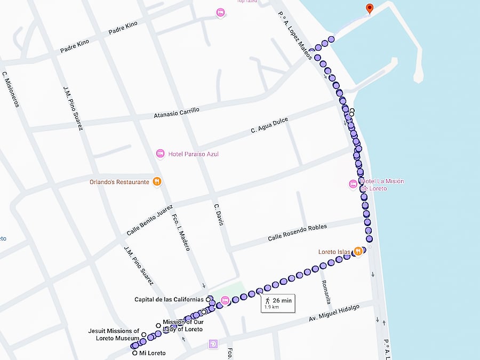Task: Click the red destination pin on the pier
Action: click(x=369, y=8)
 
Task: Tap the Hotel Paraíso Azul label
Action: click(x=193, y=154)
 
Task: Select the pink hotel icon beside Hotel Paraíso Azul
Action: click(x=161, y=154)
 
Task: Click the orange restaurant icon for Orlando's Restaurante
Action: click(x=156, y=181)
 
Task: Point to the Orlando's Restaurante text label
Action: click(x=119, y=182)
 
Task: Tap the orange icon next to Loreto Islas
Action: click(x=358, y=251)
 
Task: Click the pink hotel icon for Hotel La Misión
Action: click(x=353, y=185)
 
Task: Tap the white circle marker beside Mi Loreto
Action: click(x=134, y=353)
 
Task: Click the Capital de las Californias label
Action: click(x=170, y=299)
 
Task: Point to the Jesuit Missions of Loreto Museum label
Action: click(x=114, y=334)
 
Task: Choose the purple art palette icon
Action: click(x=214, y=344)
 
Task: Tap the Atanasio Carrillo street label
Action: click(x=177, y=113)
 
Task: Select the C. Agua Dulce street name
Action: click(x=269, y=126)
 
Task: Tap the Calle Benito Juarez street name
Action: click(x=150, y=220)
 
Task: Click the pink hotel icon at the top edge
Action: click(x=220, y=12)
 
